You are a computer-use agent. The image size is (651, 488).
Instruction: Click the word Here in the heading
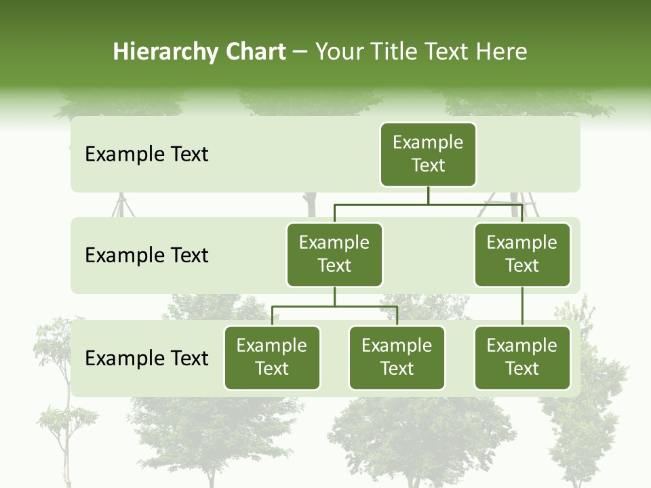501,52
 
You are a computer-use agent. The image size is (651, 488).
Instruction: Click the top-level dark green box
428,154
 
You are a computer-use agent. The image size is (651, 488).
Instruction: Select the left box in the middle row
334,254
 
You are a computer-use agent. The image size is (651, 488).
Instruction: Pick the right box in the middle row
522,254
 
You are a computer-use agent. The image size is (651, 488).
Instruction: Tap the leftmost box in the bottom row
272,357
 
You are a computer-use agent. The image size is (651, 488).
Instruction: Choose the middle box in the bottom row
397,357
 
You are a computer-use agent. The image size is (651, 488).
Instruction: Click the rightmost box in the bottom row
522,357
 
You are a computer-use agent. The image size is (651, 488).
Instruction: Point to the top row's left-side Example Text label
146,155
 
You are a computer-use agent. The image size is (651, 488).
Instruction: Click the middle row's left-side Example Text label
146,256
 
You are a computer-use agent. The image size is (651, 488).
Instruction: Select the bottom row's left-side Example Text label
146,358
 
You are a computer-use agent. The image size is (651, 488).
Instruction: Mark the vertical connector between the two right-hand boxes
522,306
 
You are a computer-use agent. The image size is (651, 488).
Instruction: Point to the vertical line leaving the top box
428,195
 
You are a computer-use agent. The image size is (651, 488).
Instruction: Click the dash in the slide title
300,52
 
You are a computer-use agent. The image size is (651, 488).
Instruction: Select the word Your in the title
339,52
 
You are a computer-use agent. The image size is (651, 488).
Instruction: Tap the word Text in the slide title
443,52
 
